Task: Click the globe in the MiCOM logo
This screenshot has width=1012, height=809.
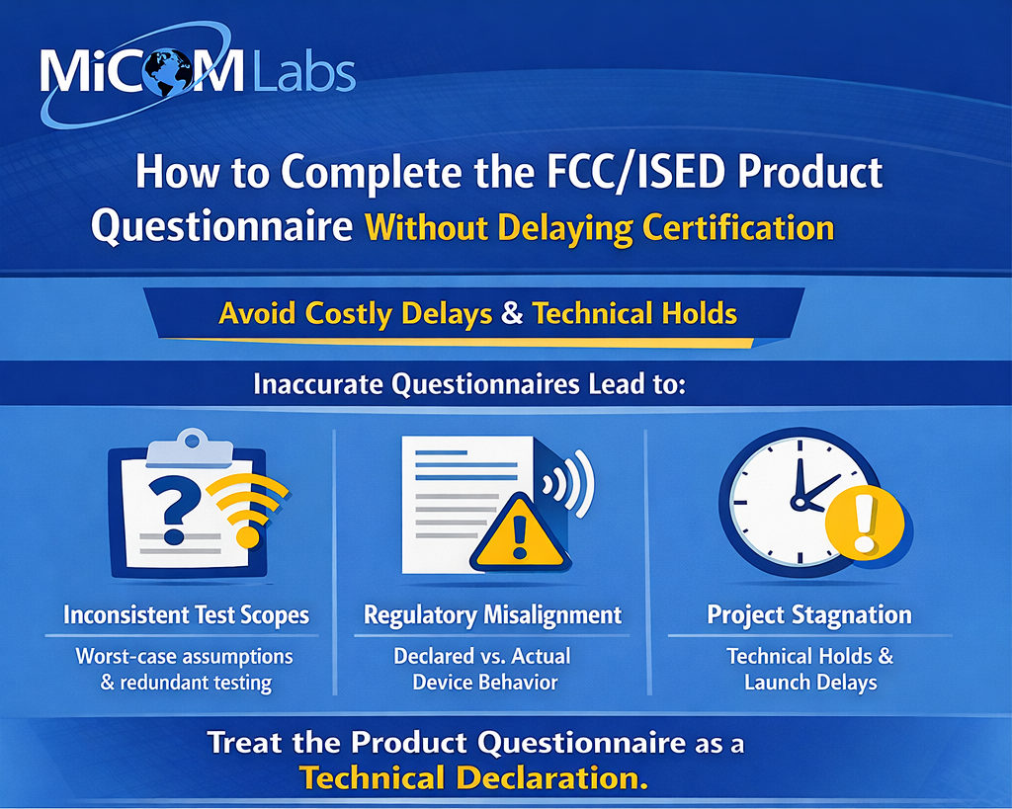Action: point(168,71)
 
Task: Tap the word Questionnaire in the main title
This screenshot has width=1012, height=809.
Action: point(222,228)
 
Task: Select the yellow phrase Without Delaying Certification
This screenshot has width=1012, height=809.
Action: point(600,228)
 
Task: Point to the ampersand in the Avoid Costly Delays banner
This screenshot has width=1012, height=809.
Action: point(512,313)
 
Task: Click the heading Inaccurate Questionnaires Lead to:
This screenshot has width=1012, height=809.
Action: point(469,384)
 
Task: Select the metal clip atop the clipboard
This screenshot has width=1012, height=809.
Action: point(190,447)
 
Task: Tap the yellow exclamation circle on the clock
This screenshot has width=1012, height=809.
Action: point(865,523)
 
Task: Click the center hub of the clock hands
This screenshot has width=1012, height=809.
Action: point(801,502)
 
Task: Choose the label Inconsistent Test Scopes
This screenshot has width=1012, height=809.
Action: point(187,614)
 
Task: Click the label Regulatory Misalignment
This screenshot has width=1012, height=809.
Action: point(493,614)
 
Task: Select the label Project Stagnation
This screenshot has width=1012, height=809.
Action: point(809,614)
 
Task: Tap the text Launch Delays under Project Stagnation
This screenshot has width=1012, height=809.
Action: point(810,682)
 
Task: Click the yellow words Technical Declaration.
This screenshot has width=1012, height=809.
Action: point(473,778)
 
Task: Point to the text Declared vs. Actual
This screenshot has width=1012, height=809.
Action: point(482,656)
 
